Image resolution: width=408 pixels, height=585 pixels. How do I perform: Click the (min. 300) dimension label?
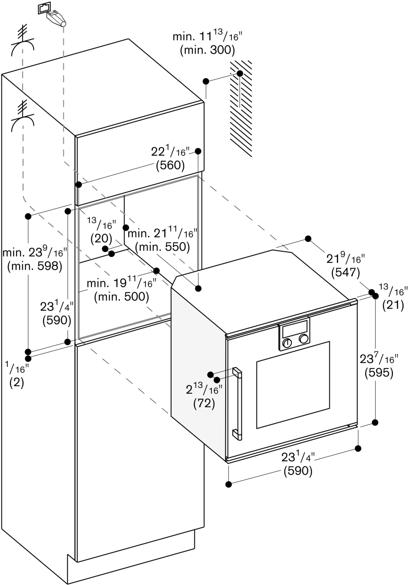coord(207,50)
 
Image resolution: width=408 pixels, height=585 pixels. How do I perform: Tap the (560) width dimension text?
coord(170,165)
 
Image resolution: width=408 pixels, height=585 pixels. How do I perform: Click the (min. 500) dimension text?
coord(121,296)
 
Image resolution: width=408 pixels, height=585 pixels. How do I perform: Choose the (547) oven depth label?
coord(346,273)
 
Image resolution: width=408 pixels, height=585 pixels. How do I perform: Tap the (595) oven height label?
coord(379,373)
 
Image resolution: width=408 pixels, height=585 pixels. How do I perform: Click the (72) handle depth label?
coord(204,403)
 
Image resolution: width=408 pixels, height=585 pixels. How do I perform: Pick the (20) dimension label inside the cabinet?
coord(101,238)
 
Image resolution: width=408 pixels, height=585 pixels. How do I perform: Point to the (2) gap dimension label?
coord(17,383)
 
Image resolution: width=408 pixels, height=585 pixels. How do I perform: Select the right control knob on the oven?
coord(304,339)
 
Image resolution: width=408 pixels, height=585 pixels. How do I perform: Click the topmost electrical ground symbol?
coord(23,40)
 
